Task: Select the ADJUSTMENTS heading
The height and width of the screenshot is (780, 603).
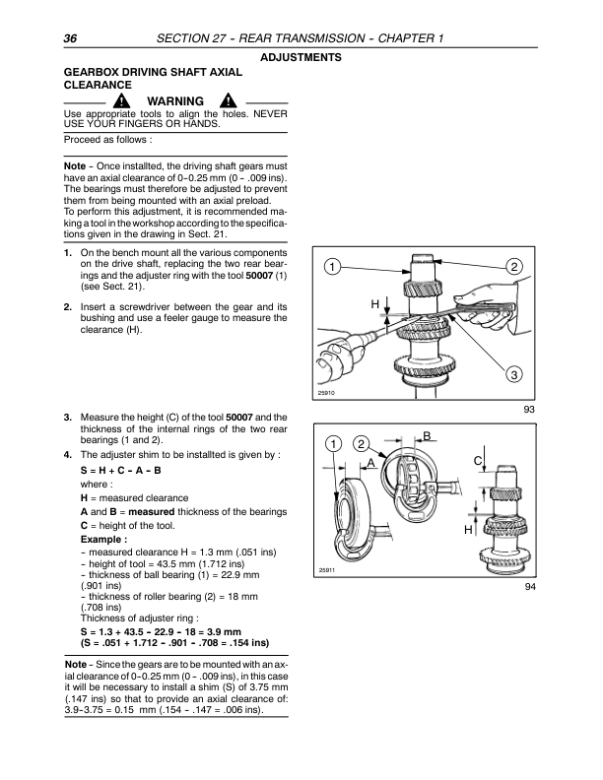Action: point(301,58)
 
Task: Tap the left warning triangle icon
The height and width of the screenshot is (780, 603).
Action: point(119,102)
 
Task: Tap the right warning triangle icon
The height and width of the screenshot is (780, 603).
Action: point(227,102)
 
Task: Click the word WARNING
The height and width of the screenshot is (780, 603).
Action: point(174,102)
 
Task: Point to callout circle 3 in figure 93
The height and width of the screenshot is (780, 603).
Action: point(514,374)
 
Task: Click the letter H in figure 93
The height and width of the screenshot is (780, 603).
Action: point(375,306)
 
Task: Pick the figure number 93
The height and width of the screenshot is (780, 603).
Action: point(529,411)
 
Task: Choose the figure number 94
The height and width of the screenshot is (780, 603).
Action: point(529,592)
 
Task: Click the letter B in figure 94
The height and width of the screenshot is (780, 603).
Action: point(427,436)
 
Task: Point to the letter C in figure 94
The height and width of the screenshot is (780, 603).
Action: point(477,460)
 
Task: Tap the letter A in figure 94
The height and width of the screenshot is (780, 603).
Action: point(370,462)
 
